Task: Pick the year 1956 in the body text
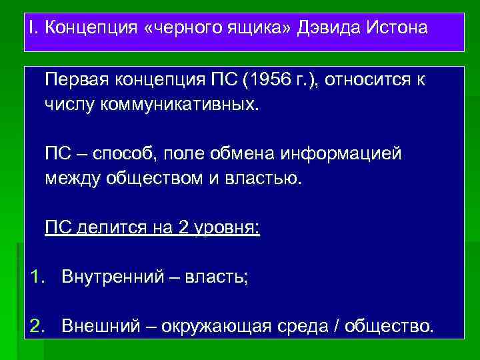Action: tap(272, 81)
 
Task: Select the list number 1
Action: tap(37, 276)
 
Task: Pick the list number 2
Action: tap(37, 326)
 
